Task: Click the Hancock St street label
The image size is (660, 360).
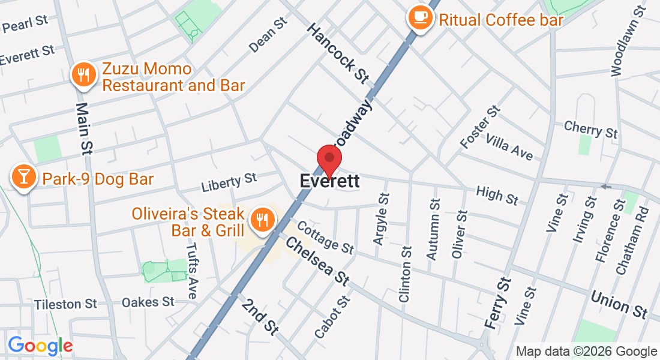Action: (337, 53)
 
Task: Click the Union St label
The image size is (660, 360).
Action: (619, 305)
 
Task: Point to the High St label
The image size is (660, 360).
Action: (497, 195)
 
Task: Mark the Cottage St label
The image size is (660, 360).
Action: (325, 236)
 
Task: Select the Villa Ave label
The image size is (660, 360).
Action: (509, 147)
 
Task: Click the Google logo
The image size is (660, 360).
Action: (40, 346)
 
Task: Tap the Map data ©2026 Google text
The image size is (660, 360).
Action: (586, 352)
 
